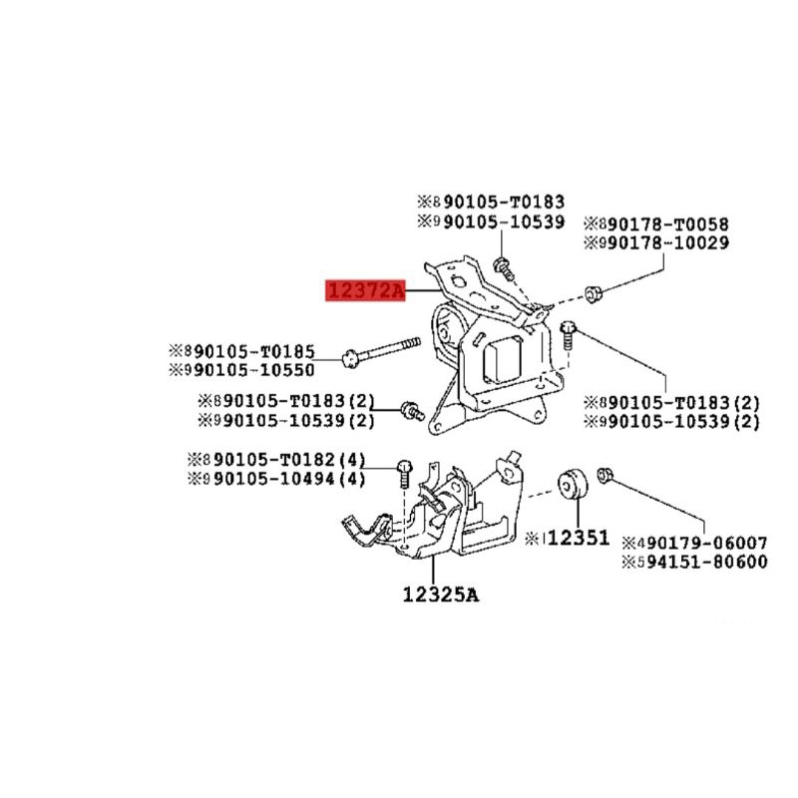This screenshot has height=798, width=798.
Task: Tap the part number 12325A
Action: (x=441, y=596)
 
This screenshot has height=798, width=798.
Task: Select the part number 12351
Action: (x=578, y=538)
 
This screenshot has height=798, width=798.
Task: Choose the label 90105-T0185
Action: (x=254, y=351)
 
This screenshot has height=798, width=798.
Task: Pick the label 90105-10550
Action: (x=254, y=369)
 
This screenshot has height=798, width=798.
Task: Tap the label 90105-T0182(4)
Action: (x=287, y=462)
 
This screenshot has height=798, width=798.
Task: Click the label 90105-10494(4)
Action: (x=287, y=480)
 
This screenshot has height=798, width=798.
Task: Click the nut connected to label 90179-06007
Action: (x=604, y=477)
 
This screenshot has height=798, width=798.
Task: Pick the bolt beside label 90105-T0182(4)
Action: (x=404, y=471)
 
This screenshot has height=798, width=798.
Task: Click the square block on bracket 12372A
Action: (x=505, y=360)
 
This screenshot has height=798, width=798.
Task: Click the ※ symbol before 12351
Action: (x=533, y=539)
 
